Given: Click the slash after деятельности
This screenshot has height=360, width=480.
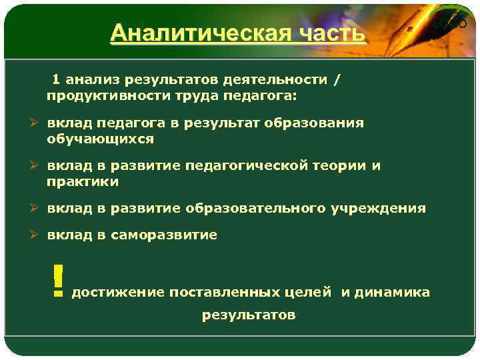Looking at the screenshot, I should [337, 80].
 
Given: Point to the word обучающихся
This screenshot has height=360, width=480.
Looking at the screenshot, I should [100, 139].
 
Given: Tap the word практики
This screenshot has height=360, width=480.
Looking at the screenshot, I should [83, 181].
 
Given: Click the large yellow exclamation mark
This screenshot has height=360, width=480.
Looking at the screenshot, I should [58, 279].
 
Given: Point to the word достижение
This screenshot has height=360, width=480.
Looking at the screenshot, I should [118, 292].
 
